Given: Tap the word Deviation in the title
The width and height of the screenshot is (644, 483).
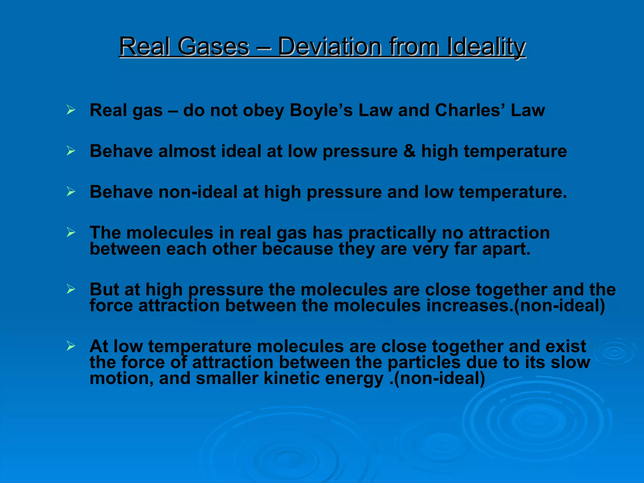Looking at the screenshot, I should (330, 47).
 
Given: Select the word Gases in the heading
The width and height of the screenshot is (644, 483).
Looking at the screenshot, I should (214, 47).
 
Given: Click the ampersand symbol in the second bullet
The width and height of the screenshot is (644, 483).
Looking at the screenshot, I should (409, 151).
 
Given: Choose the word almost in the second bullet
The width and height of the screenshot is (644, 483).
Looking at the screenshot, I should (187, 151).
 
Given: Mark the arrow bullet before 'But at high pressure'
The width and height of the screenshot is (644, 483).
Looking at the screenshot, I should (71, 289).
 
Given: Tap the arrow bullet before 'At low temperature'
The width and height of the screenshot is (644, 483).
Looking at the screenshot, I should (71, 346).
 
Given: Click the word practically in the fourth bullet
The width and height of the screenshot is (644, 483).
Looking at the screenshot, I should (392, 233).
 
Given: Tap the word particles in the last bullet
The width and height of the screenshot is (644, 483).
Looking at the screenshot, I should (424, 363).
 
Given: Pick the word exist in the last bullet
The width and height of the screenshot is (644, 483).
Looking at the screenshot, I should (566, 347).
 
